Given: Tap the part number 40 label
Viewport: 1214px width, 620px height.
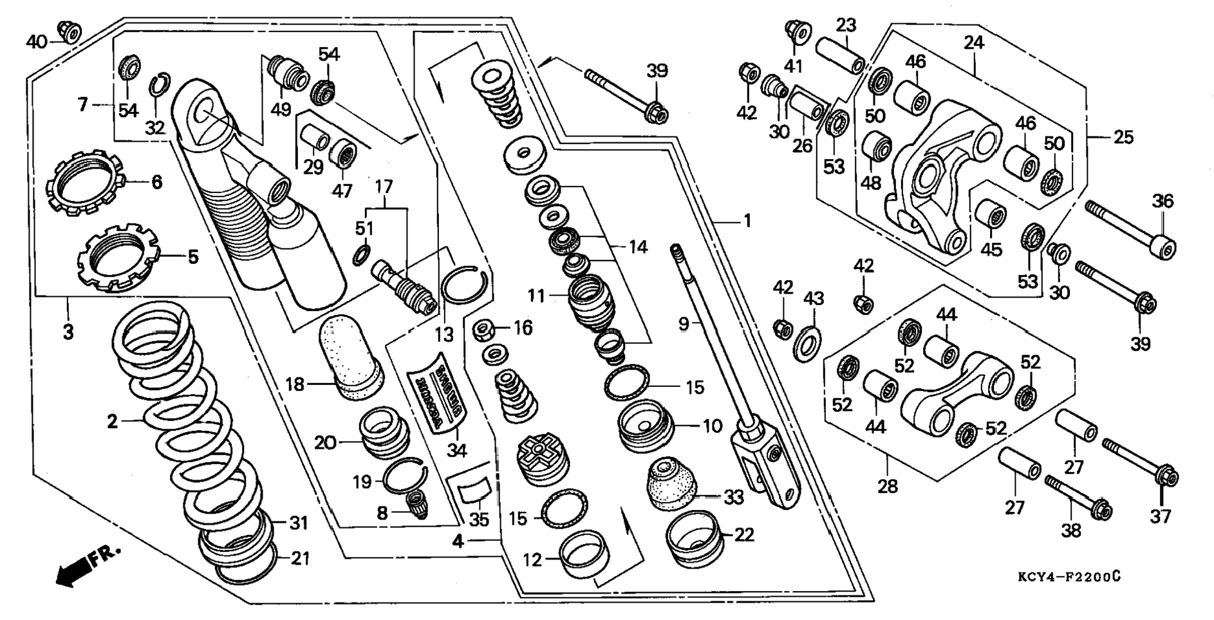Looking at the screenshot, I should pyautogui.click(x=36, y=42).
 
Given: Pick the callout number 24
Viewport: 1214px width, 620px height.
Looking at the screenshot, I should pyautogui.click(x=974, y=43).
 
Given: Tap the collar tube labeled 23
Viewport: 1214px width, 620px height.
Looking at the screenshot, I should pyautogui.click(x=840, y=55).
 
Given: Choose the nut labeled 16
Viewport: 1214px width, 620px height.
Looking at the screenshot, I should pyautogui.click(x=484, y=330).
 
